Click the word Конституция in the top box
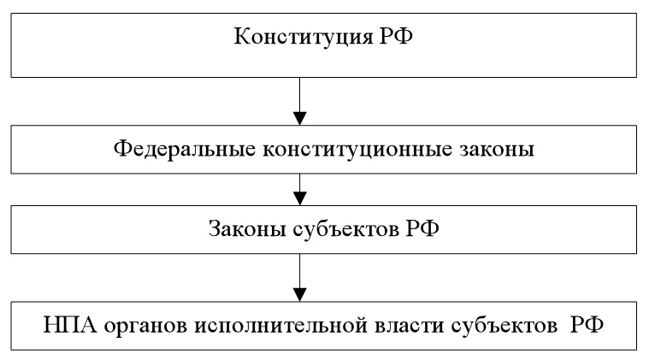(303, 37)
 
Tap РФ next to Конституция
(396, 36)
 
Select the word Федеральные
(184, 150)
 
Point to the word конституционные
(357, 149)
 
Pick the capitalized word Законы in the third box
(247, 229)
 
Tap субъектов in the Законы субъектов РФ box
(345, 228)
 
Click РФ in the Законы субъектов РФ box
(422, 228)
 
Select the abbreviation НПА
(70, 325)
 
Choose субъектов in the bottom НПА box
(504, 325)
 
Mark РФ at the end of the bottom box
(587, 325)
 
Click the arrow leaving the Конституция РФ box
(300, 101)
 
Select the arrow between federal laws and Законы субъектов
(300, 189)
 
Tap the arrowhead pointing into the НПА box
(300, 295)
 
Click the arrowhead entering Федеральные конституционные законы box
(300, 119)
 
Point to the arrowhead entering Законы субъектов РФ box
(300, 198)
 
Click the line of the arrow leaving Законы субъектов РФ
(300, 271)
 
